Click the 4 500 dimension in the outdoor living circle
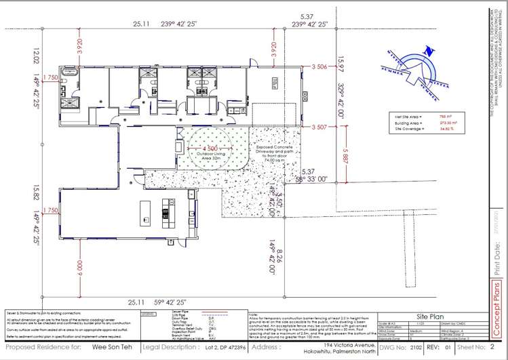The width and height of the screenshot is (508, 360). point(209,148)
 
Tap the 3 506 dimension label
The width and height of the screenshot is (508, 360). point(320,66)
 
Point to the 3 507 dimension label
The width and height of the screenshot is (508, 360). point(320,127)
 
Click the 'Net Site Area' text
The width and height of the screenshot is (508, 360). point(408,117)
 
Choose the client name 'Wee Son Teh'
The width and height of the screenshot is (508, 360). point(109,347)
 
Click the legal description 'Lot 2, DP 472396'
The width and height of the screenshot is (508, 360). point(220,347)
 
